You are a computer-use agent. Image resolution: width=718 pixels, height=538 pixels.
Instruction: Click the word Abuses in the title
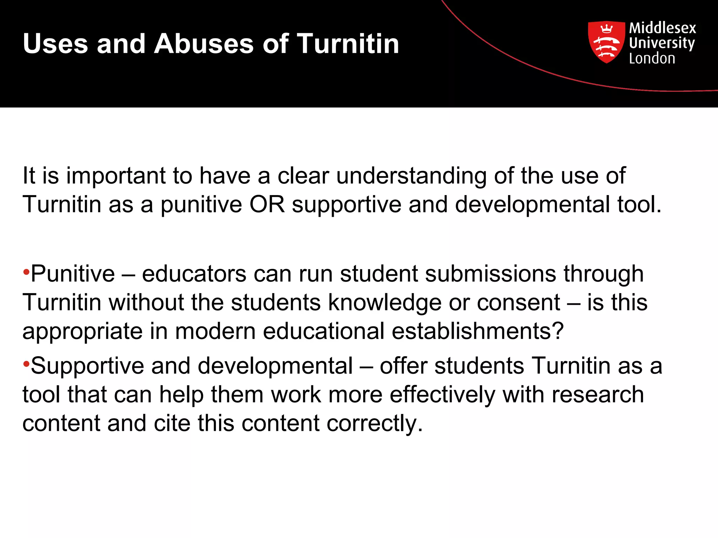203,44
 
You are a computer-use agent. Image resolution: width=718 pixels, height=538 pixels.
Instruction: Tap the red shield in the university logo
606,42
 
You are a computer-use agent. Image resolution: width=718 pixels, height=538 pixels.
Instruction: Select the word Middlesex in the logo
663,28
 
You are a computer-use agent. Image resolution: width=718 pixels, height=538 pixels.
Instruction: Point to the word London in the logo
652,58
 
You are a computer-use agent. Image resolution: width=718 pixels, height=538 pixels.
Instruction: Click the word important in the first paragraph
116,176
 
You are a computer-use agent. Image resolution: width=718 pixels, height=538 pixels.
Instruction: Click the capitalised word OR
267,204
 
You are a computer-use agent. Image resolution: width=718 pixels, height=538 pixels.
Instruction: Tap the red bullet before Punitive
26,272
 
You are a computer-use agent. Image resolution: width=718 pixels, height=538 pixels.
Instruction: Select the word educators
194,274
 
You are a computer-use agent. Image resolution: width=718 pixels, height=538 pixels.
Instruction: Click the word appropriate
82,332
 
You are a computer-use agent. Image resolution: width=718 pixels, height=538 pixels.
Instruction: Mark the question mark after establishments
557,331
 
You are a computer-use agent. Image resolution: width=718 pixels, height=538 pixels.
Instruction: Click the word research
598,395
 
